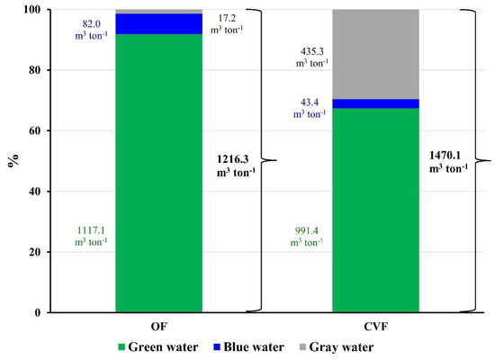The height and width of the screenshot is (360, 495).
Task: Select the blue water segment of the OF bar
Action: coord(158,23)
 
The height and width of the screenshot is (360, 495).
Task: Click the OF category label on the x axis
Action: coord(158,325)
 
